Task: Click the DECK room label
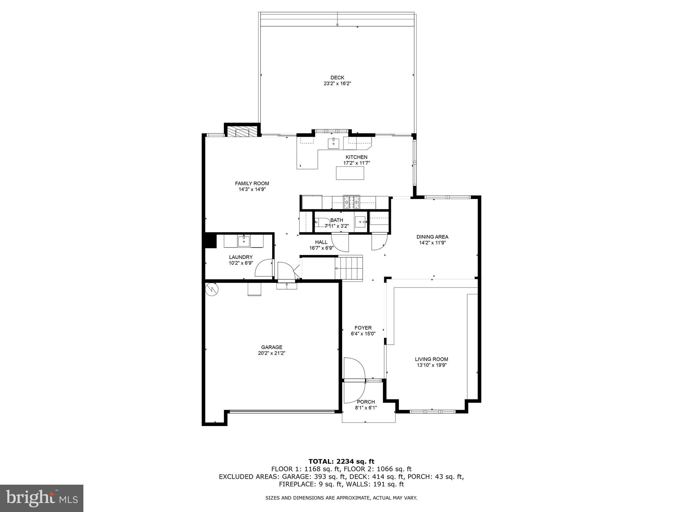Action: [337, 78]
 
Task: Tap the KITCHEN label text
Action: [356, 157]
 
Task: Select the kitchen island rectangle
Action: [350, 173]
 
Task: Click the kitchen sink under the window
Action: [333, 144]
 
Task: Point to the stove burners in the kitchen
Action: [352, 202]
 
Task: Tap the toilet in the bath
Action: [321, 222]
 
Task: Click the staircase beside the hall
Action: [349, 268]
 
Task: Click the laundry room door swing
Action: [263, 269]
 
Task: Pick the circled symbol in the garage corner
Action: [211, 289]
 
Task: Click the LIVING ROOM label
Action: [431, 359]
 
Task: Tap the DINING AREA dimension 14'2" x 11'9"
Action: [432, 243]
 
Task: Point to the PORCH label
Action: [366, 402]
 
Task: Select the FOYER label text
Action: [363, 328]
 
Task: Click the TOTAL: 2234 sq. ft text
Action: [341, 461]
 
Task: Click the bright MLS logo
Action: [42, 498]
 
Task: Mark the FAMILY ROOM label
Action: [252, 183]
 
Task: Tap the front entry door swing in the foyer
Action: [354, 369]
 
